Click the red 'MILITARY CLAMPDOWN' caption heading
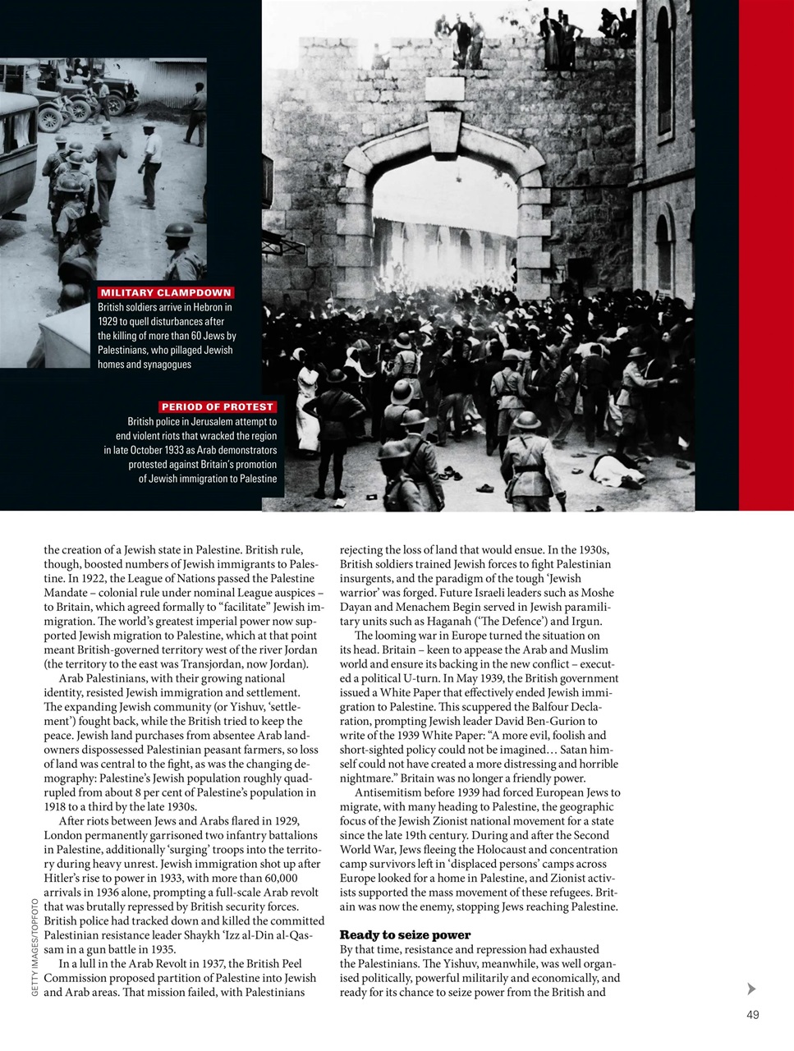point(166,292)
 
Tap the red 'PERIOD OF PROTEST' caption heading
point(217,406)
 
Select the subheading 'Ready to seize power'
point(405,934)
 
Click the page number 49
point(753,1015)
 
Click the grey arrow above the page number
point(751,989)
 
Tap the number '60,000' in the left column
point(277,879)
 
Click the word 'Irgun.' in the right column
point(585,621)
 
